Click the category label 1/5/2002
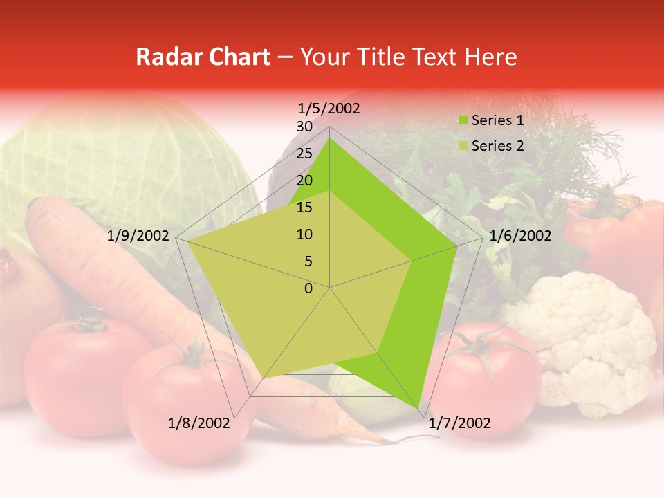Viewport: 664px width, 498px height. click(x=329, y=109)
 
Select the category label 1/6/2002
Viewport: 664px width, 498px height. click(x=520, y=236)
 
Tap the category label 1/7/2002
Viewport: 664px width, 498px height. click(x=459, y=423)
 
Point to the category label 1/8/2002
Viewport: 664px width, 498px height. click(x=199, y=423)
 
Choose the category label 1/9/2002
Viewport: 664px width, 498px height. click(x=138, y=236)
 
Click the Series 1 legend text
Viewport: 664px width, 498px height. click(x=497, y=120)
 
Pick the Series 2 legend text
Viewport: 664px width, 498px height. click(x=497, y=146)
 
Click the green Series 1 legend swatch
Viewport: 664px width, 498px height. click(x=462, y=121)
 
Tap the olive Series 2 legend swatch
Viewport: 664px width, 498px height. click(x=462, y=147)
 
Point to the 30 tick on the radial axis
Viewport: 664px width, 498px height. click(x=304, y=127)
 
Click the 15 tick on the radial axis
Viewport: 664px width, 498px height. click(x=304, y=207)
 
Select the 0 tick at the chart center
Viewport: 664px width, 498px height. click(x=308, y=288)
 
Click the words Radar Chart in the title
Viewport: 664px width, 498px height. click(x=203, y=57)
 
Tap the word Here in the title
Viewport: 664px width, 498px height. click(x=491, y=57)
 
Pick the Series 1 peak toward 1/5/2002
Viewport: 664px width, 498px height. click(x=329, y=139)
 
